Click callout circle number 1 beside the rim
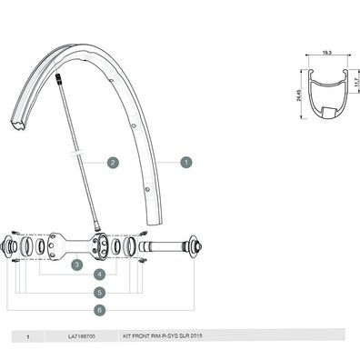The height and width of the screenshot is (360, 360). point(185,163)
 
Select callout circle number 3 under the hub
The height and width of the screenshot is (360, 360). point(78,263)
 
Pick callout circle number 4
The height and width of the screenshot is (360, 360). point(100,275)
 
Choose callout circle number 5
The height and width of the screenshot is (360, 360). point(100,293)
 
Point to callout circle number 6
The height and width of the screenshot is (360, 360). point(100,310)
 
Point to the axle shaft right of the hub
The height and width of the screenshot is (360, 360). point(164,245)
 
